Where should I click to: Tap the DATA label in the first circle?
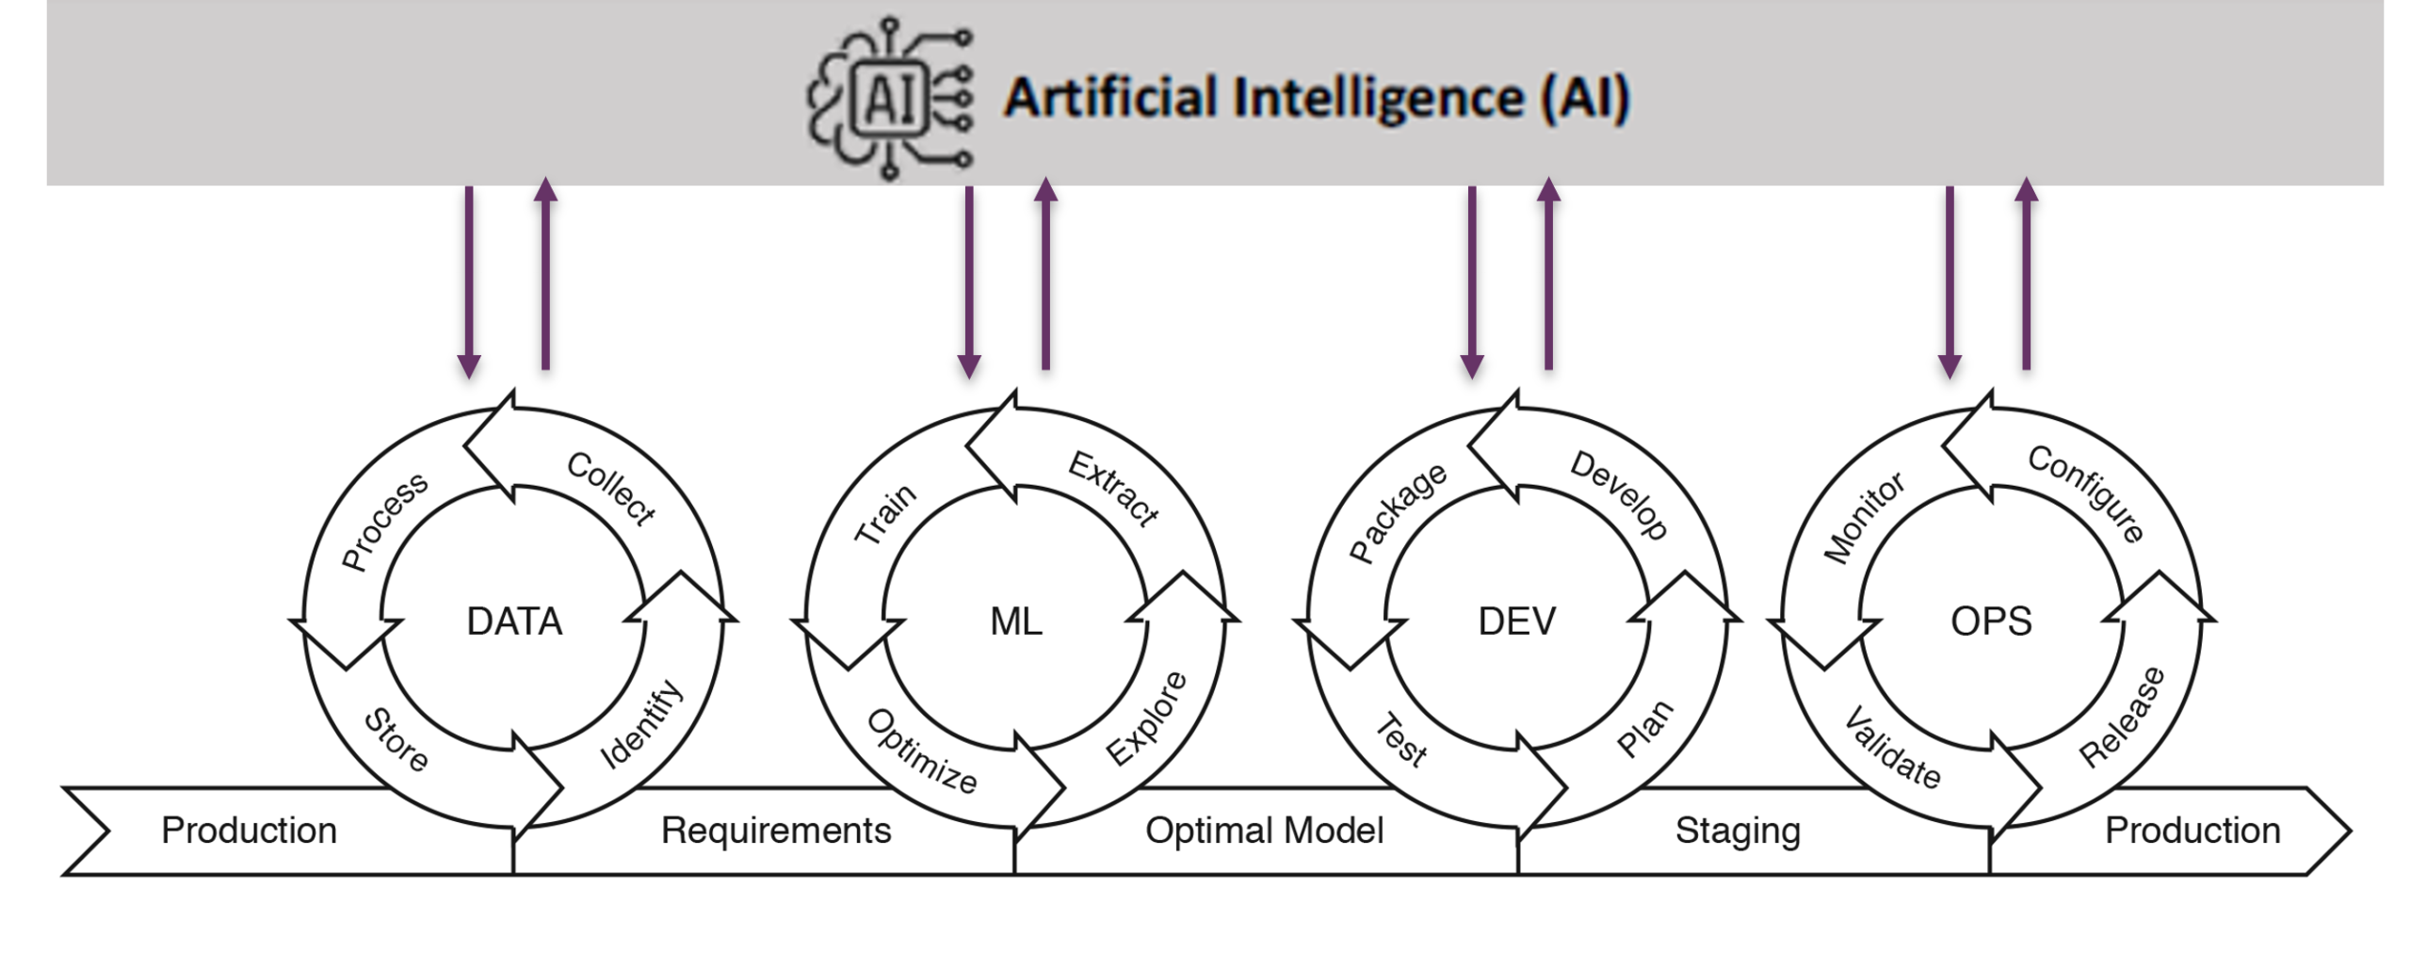tap(514, 622)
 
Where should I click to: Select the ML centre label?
tap(1016, 622)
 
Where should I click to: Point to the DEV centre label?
tap(1517, 622)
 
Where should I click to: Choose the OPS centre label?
tap(1991, 622)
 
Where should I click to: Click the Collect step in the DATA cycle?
tap(610, 488)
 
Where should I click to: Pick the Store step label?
tap(396, 740)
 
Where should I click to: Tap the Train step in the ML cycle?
tap(884, 514)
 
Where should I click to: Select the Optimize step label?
tap(922, 751)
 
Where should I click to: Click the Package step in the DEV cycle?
tap(1398, 512)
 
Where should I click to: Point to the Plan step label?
tap(1644, 728)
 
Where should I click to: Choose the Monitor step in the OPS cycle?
tap(1864, 517)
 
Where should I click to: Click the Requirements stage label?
tap(776, 831)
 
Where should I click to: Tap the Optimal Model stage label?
tap(1264, 831)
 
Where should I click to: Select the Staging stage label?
tap(1738, 831)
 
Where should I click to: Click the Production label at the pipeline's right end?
tap(2193, 831)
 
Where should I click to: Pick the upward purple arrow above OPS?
tap(2026, 273)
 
